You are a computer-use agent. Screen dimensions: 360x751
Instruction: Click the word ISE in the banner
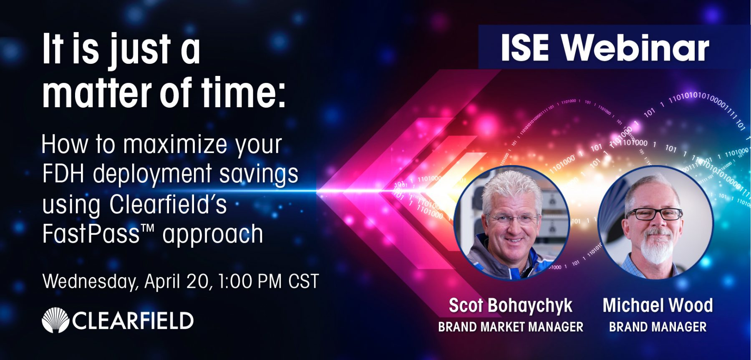[x=525, y=48]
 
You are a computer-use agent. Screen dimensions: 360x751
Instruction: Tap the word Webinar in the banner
[x=635, y=48]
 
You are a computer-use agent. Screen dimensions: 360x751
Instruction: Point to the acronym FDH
[x=63, y=174]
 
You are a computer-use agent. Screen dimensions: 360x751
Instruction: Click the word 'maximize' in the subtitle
[x=176, y=144]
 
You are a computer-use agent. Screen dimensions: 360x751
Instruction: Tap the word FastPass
[x=91, y=234]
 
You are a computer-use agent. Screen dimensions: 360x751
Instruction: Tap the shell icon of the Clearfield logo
[x=55, y=320]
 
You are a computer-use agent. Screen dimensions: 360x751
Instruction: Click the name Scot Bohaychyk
[x=510, y=306]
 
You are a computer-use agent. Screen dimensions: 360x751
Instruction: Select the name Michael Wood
[x=658, y=305]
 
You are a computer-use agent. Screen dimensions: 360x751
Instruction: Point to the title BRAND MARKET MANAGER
[x=510, y=327]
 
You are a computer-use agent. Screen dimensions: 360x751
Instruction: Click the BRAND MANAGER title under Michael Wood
[x=658, y=327]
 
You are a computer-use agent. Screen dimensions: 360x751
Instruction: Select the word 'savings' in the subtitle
[x=259, y=174]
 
